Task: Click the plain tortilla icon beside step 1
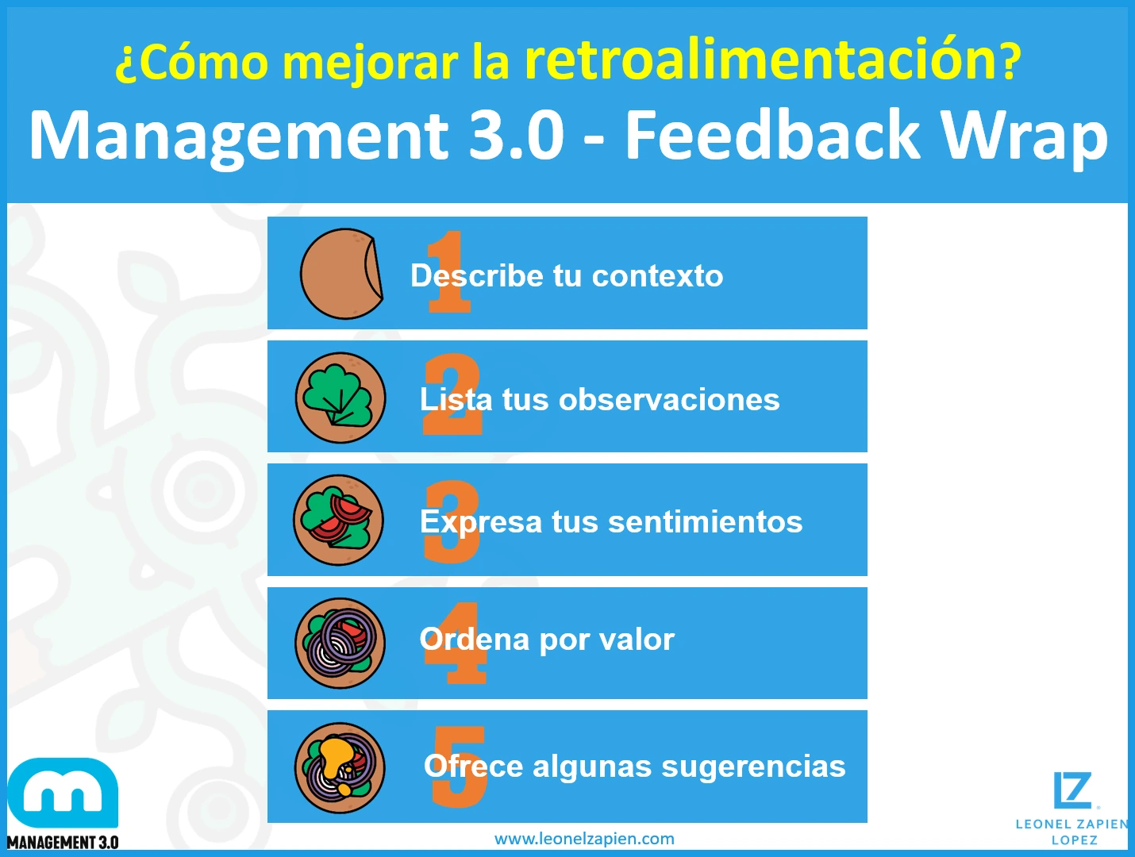[x=342, y=274]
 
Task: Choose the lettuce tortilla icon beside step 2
[x=340, y=398]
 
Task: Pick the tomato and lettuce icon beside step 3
[x=339, y=520]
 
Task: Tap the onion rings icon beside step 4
[x=340, y=644]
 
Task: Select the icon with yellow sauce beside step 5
[x=340, y=767]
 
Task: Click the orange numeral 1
[x=448, y=272]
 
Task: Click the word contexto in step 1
[x=657, y=275]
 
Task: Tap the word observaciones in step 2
[x=669, y=400]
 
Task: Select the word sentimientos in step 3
[x=706, y=521]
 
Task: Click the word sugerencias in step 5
[x=753, y=767]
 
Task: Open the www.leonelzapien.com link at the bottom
[x=584, y=839]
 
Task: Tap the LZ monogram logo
[x=1073, y=790]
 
